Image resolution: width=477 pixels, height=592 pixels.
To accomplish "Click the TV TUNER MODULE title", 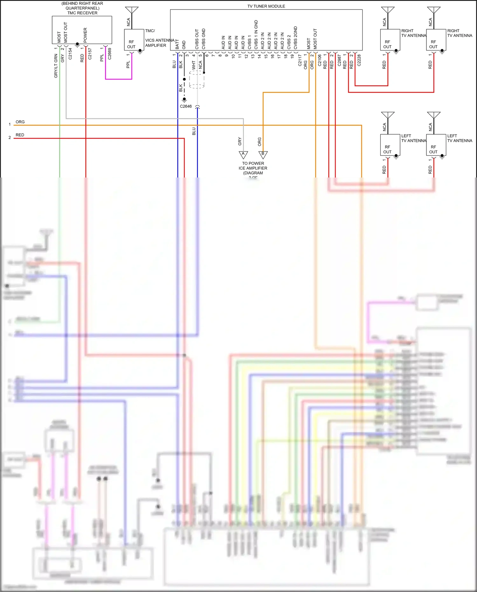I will pyautogui.click(x=266, y=6).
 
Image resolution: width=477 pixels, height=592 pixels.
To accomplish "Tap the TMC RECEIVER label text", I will pyautogui.click(x=82, y=13).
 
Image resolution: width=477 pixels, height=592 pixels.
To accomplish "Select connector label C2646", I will pyautogui.click(x=186, y=106).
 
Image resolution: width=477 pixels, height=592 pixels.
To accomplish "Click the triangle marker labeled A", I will pyautogui.click(x=243, y=154).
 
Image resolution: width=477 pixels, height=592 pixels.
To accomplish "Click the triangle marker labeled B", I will pyautogui.click(x=263, y=154).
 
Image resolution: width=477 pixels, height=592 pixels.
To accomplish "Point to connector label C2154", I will pyautogui.click(x=70, y=54).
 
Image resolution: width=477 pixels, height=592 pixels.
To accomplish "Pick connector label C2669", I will pyautogui.click(x=109, y=54).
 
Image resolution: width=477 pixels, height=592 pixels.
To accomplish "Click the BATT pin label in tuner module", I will pyautogui.click(x=177, y=44).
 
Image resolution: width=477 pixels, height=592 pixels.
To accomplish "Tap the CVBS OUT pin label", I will pyautogui.click(x=197, y=39).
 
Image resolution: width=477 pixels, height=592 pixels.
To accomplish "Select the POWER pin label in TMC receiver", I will pyautogui.click(x=85, y=35).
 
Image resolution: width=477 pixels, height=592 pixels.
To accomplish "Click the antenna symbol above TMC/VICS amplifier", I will pyautogui.click(x=132, y=10).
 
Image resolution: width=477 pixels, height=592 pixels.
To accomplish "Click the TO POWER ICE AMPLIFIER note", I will pyautogui.click(x=253, y=168).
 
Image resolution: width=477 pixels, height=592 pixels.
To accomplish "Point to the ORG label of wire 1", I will pyautogui.click(x=20, y=122).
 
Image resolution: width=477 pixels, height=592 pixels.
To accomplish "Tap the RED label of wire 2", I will pyautogui.click(x=20, y=135).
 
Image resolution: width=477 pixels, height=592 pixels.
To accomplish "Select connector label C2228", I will pyautogui.click(x=359, y=60).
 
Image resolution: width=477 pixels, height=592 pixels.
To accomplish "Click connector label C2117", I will pyautogui.click(x=300, y=60).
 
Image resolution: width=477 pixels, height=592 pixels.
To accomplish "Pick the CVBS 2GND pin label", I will pyautogui.click(x=295, y=38).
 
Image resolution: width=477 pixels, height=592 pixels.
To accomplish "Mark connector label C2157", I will pyautogui.click(x=90, y=54).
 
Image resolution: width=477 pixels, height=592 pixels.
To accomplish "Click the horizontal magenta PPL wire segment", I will pyautogui.click(x=118, y=79).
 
